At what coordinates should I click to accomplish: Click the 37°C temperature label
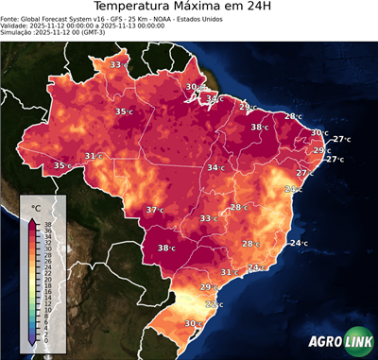(154, 210)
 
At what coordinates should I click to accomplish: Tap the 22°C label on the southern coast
(215, 304)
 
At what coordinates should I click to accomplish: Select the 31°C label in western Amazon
(93, 156)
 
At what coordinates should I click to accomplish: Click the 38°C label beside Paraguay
(167, 249)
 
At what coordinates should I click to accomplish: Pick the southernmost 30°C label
(193, 323)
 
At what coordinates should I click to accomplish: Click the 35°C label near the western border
(62, 165)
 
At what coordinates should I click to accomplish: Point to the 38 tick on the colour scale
(46, 224)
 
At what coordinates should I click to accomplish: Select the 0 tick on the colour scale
(46, 339)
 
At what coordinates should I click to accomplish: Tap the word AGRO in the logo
(324, 342)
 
